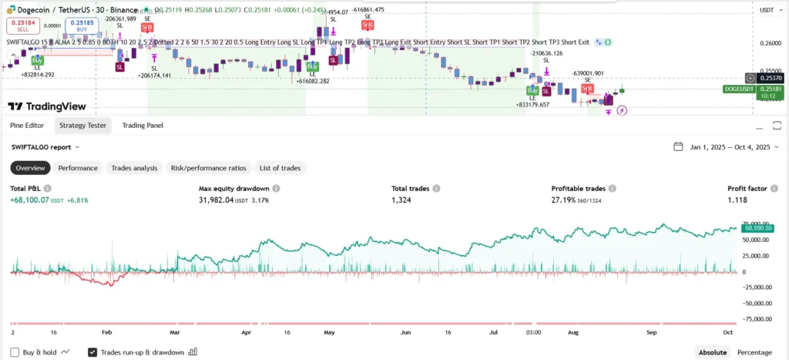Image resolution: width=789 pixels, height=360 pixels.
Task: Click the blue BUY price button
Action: click(82, 25)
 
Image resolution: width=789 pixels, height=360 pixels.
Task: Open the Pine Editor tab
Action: click(27, 125)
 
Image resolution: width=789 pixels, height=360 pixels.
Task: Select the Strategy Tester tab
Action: click(84, 125)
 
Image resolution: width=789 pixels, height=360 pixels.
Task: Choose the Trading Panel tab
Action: click(143, 125)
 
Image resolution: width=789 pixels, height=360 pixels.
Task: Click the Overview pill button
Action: click(31, 168)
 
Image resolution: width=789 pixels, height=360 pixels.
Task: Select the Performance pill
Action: click(78, 168)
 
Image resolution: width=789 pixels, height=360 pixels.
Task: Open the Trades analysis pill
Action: click(134, 168)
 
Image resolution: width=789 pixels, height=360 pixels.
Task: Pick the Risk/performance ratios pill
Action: click(208, 168)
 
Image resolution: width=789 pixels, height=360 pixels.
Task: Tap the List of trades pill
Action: click(280, 168)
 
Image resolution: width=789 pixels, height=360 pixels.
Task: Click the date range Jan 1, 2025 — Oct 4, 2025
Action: click(729, 146)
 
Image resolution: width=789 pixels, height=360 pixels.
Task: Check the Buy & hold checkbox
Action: click(16, 352)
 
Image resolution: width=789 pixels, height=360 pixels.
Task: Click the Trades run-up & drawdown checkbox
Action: click(92, 352)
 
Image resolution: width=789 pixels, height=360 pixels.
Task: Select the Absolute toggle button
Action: click(713, 352)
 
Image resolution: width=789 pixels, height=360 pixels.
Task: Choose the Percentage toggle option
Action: click(754, 352)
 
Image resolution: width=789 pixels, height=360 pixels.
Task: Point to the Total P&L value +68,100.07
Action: click(37, 200)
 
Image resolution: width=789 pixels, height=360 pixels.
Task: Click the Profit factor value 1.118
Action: click(738, 200)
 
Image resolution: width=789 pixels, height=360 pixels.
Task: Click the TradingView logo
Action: click(47, 106)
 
